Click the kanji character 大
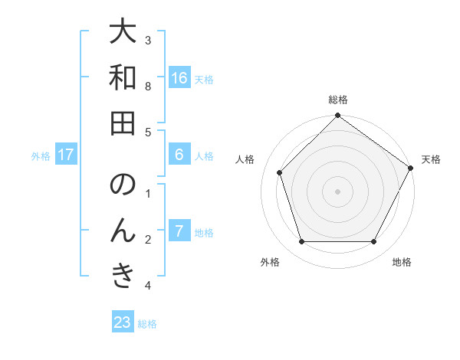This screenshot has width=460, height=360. (x=123, y=33)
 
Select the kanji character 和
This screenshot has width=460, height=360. (x=123, y=78)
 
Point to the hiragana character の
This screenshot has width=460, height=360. (x=123, y=185)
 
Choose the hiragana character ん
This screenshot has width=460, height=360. (x=123, y=231)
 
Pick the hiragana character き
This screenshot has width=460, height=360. (x=123, y=276)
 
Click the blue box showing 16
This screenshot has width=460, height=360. (x=179, y=78)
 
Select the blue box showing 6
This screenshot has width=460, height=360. (x=179, y=155)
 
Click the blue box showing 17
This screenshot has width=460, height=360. (x=65, y=155)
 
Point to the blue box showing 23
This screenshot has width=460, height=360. (x=123, y=322)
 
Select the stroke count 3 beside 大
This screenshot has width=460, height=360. (x=148, y=40)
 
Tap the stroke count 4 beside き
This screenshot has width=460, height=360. (x=148, y=286)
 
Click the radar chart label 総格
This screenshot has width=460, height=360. (x=337, y=100)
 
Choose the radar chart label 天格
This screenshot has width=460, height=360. (x=431, y=159)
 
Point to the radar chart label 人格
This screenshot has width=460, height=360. (x=245, y=159)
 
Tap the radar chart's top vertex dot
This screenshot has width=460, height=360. (x=337, y=116)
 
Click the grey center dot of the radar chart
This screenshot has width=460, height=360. (x=337, y=191)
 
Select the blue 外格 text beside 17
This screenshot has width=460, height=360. (x=41, y=155)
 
